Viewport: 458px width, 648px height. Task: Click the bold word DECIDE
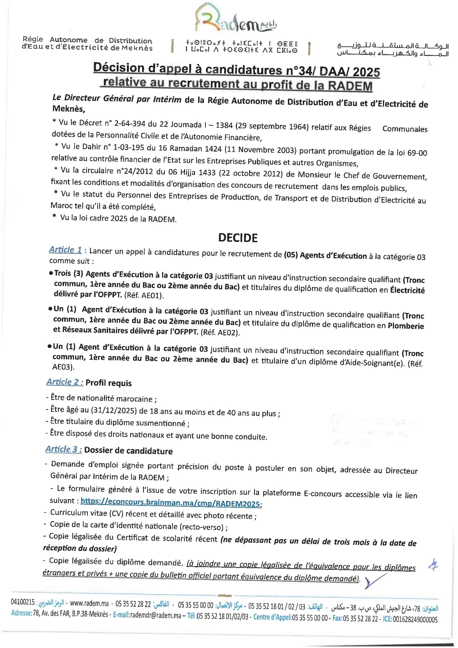point(238,238)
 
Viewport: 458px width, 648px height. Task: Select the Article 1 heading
point(65,250)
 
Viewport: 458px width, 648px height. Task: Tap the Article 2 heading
point(65,382)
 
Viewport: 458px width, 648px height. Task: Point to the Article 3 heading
point(64,449)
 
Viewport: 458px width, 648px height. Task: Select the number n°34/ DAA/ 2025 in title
point(333,71)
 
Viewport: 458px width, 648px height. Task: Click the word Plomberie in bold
point(406,326)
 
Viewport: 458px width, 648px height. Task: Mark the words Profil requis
point(108,383)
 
